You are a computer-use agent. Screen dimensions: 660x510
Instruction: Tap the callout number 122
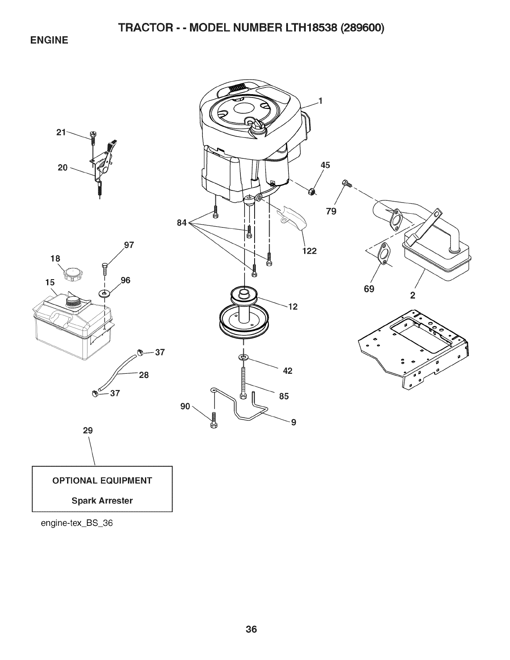310,251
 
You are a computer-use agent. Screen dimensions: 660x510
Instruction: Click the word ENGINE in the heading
48,41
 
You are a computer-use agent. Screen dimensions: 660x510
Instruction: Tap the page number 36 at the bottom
251,617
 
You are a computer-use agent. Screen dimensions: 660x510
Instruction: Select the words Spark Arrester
102,500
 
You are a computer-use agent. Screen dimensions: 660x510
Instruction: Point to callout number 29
87,430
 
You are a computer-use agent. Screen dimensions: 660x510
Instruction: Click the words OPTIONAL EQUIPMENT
102,480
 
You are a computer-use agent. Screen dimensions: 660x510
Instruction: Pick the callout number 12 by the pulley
292,307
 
